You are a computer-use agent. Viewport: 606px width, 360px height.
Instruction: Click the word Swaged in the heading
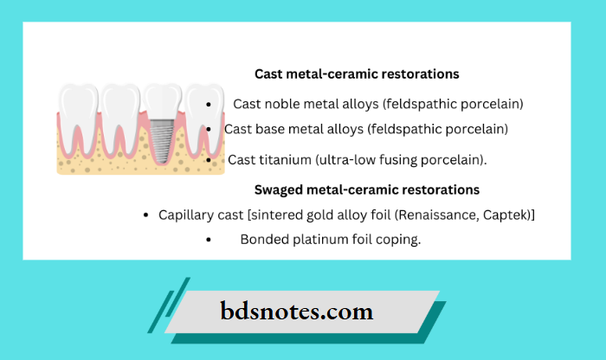coord(278,190)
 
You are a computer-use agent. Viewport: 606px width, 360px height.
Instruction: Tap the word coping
coord(398,240)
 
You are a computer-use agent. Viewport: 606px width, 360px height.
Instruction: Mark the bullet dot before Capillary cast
coord(146,215)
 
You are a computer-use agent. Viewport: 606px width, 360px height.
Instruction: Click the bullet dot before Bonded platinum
coord(210,241)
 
